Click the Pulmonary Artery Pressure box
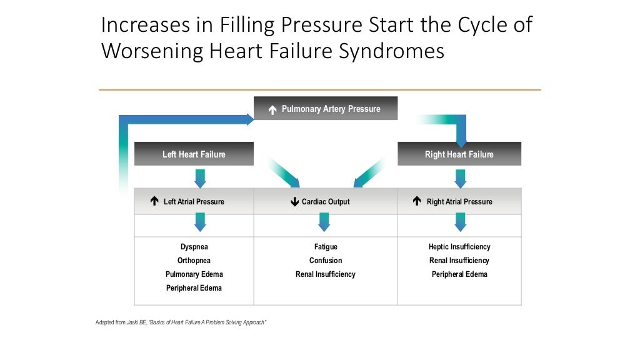point(325,109)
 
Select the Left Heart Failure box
point(194,154)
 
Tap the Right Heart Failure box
point(459,154)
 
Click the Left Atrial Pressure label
point(194,202)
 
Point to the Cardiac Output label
point(326,202)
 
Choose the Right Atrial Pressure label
point(459,202)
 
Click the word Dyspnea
point(194,247)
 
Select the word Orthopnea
point(194,261)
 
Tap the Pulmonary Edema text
point(194,274)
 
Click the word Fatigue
point(326,247)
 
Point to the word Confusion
point(326,261)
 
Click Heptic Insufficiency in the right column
point(459,247)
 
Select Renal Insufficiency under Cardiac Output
point(326,274)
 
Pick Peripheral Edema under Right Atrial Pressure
point(459,274)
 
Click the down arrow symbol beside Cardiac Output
point(295,202)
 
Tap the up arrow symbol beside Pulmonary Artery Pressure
point(272,110)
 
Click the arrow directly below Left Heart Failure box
point(200,177)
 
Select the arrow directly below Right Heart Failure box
point(461,177)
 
